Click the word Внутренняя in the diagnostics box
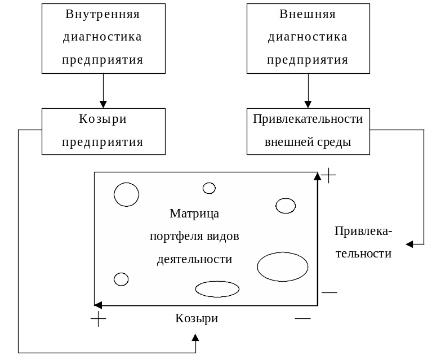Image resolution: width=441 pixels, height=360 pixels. [x=103, y=14]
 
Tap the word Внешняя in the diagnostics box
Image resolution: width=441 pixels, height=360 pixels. [x=308, y=14]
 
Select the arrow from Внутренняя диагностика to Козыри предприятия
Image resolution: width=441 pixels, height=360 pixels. [x=103, y=91]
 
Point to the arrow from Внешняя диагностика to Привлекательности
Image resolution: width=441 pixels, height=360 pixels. [x=308, y=91]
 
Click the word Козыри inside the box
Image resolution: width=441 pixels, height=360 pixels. [x=103, y=119]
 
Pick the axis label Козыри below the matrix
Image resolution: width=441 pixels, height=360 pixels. [x=197, y=318]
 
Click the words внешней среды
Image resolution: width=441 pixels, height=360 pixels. [x=308, y=142]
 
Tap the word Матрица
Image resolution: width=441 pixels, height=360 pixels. [x=194, y=214]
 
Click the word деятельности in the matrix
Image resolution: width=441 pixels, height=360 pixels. [x=194, y=259]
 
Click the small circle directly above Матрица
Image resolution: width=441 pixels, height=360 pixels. [x=209, y=183]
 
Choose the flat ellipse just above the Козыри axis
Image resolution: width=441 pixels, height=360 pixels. [x=217, y=281]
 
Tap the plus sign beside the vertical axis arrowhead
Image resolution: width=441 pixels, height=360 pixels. [x=328, y=175]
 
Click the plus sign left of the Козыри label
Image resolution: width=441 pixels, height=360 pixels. [x=99, y=319]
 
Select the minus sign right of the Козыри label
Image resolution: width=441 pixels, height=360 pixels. [x=302, y=318]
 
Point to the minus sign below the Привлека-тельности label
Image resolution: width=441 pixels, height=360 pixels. [x=329, y=292]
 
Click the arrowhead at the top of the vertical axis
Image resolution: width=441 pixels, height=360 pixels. [x=317, y=176]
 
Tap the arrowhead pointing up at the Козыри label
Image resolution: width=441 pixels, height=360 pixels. [x=195, y=337]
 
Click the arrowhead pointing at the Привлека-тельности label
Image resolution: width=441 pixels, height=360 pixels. [x=409, y=244]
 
